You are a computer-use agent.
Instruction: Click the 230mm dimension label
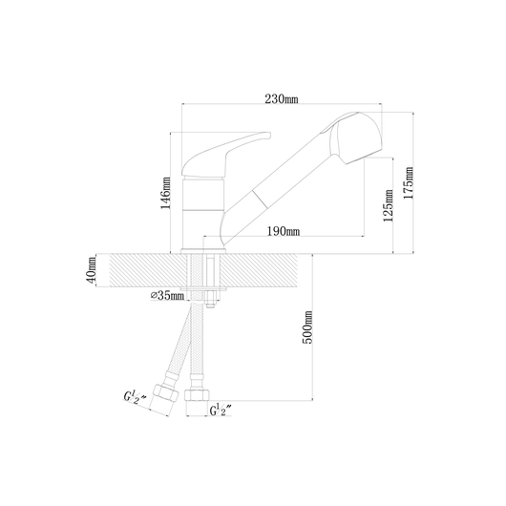(x=282, y=98)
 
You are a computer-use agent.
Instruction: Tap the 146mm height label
(x=166, y=193)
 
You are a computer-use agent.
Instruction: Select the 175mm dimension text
(x=409, y=183)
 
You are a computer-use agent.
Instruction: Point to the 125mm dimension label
(x=389, y=205)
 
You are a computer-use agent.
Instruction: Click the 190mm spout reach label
(x=284, y=231)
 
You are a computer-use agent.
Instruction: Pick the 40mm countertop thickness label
(x=92, y=270)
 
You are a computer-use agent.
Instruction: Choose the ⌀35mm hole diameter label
(x=167, y=295)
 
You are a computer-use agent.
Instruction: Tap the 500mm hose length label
(x=307, y=327)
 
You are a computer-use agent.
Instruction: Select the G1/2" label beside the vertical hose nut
(x=221, y=410)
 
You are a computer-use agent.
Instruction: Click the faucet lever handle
(x=226, y=153)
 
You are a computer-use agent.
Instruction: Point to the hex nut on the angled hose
(x=165, y=393)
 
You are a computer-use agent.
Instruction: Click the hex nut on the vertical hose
(x=197, y=395)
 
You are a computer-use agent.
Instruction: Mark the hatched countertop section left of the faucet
(x=148, y=270)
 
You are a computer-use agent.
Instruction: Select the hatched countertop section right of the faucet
(x=259, y=270)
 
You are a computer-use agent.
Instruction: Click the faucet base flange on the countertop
(x=203, y=252)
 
